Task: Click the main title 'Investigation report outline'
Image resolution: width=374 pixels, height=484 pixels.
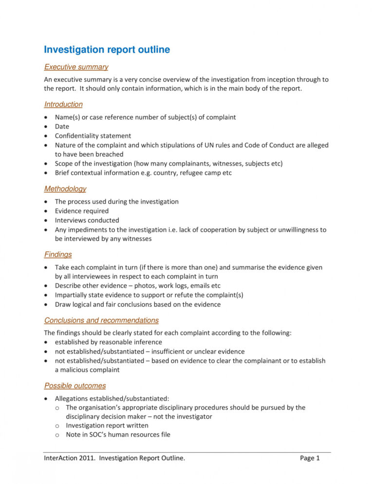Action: [107, 50]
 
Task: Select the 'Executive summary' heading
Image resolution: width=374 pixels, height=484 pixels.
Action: [76, 67]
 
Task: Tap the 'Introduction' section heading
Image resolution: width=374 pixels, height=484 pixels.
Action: [63, 104]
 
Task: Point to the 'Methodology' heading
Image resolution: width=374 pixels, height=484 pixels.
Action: [65, 188]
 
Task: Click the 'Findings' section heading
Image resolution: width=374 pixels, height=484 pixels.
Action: [58, 254]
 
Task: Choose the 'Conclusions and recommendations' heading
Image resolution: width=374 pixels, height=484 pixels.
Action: [101, 320]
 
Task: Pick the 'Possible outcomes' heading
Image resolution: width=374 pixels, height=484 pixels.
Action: [75, 386]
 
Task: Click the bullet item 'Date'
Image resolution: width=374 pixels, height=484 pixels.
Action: [62, 126]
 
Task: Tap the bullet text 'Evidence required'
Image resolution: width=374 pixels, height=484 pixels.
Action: [82, 211]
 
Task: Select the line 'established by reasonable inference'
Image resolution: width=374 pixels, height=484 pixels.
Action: [109, 342]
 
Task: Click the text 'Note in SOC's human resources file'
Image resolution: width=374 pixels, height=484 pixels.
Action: [118, 434]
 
